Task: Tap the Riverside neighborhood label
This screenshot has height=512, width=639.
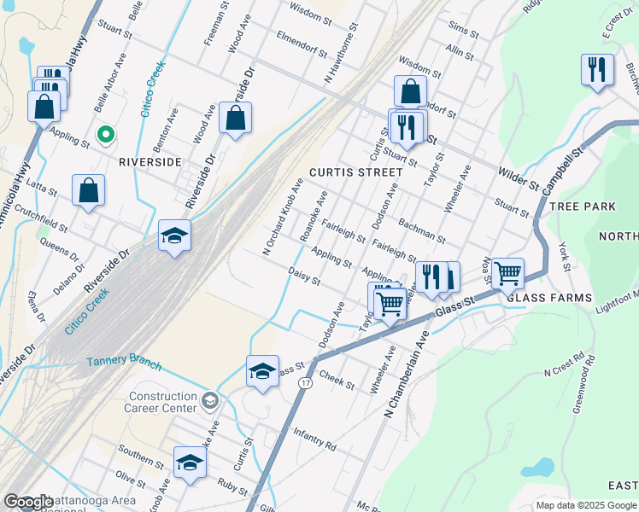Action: pyautogui.click(x=149, y=161)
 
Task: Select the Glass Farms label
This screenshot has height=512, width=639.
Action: pyautogui.click(x=549, y=297)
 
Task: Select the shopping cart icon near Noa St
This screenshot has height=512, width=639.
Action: pyautogui.click(x=507, y=274)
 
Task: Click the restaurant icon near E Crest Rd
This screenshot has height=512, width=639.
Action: pyautogui.click(x=597, y=68)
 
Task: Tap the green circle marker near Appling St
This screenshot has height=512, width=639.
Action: pyautogui.click(x=106, y=135)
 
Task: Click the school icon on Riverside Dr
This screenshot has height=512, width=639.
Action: pyautogui.click(x=174, y=236)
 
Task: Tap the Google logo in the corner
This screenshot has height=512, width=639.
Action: pyautogui.click(x=27, y=502)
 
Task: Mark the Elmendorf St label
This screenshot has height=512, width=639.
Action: pyautogui.click(x=302, y=42)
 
